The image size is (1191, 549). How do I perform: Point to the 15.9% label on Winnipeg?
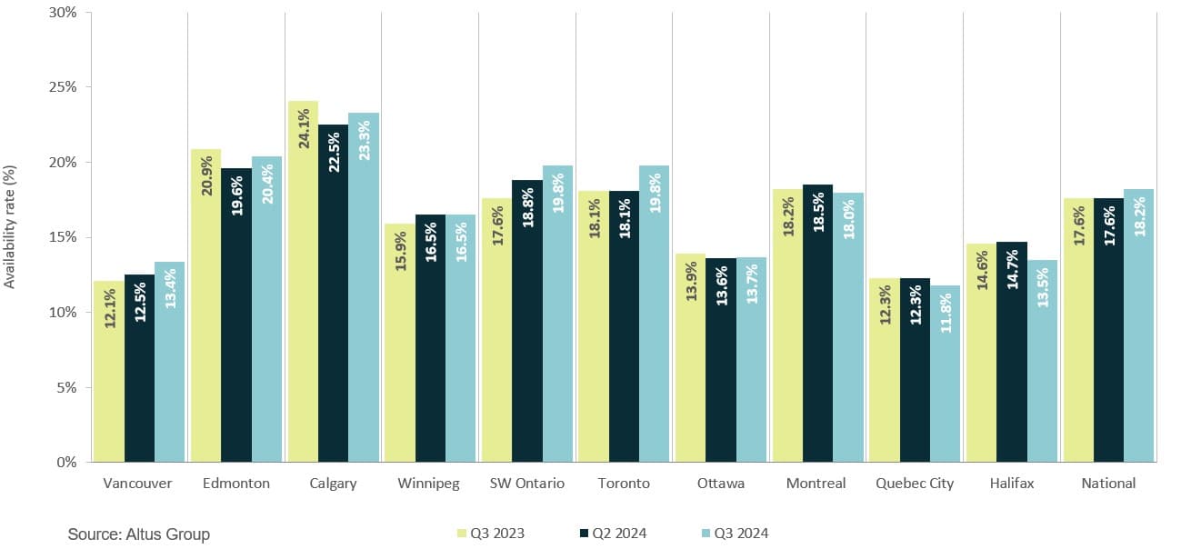pyautogui.click(x=400, y=250)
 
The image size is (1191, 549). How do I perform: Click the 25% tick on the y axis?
pyautogui.click(x=63, y=87)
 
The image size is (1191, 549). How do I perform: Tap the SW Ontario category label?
pyautogui.click(x=526, y=484)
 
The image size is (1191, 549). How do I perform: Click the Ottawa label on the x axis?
pyautogui.click(x=720, y=484)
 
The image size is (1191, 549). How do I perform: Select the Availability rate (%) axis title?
pyautogui.click(x=10, y=226)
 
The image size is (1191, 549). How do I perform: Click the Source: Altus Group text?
pyautogui.click(x=138, y=534)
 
